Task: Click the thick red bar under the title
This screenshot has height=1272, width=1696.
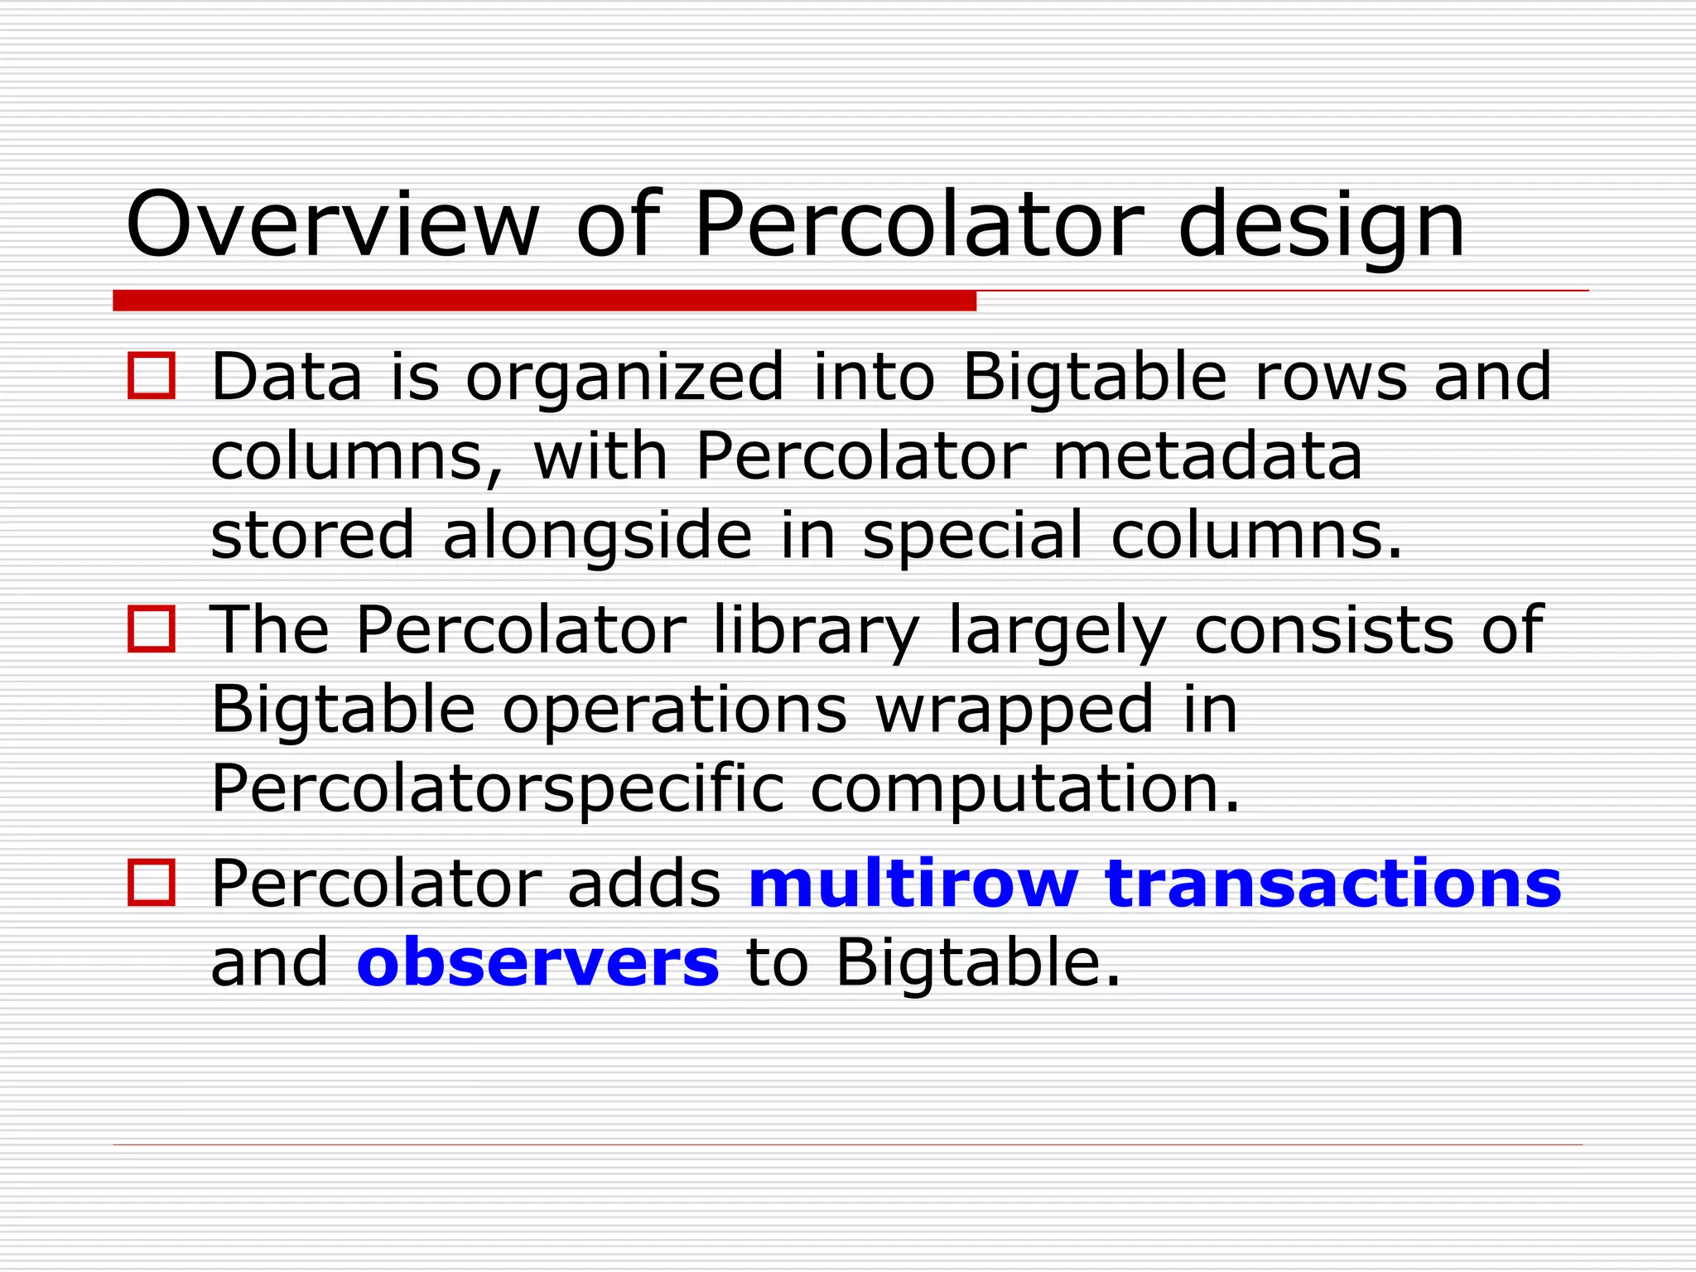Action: pos(544,300)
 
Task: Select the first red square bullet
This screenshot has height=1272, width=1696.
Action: pos(152,376)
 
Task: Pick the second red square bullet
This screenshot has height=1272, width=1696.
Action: pos(152,629)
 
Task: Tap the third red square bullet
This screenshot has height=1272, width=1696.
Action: pos(152,883)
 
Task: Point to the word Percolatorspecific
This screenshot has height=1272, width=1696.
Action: pos(497,790)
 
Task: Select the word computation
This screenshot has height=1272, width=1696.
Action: pos(1025,790)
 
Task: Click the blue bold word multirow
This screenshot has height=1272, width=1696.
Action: pos(913,883)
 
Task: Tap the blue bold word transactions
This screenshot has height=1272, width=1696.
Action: pos(1332,883)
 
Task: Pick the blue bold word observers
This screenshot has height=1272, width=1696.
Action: pos(537,962)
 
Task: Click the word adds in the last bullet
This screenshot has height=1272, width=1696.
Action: pos(643,883)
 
